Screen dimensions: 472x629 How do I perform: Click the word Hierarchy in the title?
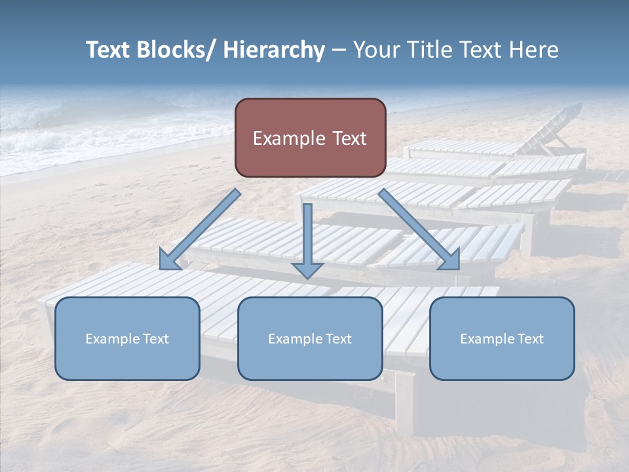click(274, 50)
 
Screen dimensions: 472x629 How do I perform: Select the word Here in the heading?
click(531, 50)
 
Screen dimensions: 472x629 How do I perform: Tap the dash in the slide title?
click(338, 50)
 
